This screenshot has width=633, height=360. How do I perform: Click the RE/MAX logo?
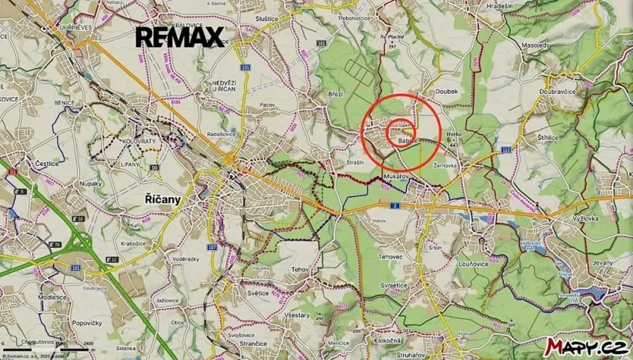[x=180, y=36]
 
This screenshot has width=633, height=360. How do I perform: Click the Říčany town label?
[x=162, y=199]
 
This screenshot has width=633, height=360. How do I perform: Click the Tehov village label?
[x=300, y=269]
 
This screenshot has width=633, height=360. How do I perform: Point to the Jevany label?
[x=604, y=262]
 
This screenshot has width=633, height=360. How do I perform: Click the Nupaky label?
[x=91, y=185]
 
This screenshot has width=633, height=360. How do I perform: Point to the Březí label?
[x=335, y=93]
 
